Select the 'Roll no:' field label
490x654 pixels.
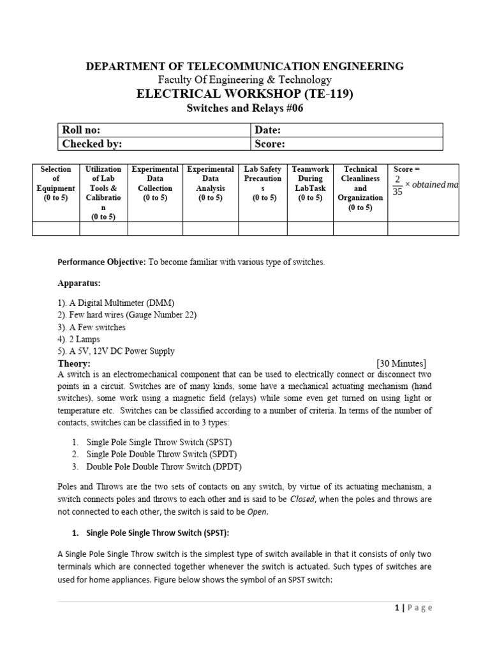pos(81,130)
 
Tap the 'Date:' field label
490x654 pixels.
pos(268,130)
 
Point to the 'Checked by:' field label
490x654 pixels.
pos(92,144)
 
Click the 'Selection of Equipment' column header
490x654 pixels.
pos(56,183)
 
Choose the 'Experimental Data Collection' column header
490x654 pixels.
pos(155,183)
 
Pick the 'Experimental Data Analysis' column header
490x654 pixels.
pos(210,183)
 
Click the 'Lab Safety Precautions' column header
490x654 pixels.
pos(264,183)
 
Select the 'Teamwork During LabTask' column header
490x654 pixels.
pos(311,183)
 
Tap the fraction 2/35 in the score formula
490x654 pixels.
pos(397,185)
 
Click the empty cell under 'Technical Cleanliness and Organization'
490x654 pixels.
pos(360,228)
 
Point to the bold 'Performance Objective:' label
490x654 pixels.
pos(102,262)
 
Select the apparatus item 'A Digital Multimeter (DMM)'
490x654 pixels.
pos(116,303)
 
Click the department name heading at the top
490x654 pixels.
pos(245,66)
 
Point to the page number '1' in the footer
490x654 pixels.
pos(396,608)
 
